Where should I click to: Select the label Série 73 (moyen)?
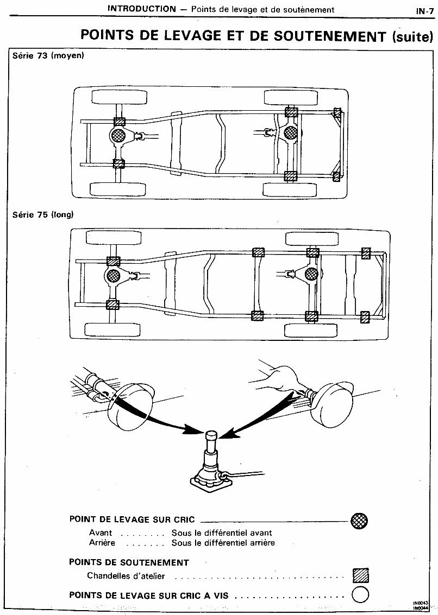click(48, 56)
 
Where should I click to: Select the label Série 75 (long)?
click(43, 214)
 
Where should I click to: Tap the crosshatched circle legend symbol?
click(360, 521)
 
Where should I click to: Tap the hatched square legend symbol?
click(360, 575)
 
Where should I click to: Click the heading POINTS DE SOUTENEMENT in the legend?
click(129, 562)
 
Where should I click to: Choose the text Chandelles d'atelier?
click(126, 576)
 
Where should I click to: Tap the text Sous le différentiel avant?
click(222, 533)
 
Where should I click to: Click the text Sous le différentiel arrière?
click(223, 542)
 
